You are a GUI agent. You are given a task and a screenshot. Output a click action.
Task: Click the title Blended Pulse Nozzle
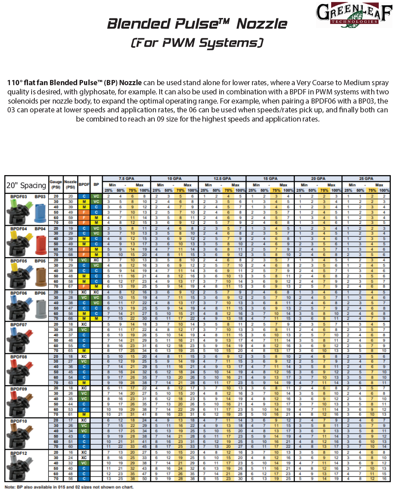(x=197, y=24)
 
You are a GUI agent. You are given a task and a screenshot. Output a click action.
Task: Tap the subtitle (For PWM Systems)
(x=197, y=43)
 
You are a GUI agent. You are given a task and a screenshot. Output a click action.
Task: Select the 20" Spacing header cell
(x=26, y=185)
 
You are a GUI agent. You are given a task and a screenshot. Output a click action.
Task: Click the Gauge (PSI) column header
(x=56, y=184)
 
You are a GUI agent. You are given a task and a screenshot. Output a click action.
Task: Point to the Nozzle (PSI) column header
(x=70, y=184)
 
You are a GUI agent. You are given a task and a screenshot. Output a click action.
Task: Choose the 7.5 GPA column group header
(x=126, y=178)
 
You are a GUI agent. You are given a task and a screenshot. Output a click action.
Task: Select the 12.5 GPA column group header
(x=222, y=178)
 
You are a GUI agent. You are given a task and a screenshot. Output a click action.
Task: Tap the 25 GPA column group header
(x=366, y=178)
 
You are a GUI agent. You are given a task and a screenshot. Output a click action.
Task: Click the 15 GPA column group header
(x=270, y=178)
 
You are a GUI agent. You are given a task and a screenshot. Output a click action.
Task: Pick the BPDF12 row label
(x=18, y=453)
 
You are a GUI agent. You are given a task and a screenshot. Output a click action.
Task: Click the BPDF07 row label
(x=18, y=324)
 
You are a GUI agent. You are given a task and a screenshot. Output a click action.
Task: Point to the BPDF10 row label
(x=18, y=421)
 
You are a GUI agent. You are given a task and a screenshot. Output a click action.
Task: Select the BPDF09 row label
(x=18, y=389)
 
